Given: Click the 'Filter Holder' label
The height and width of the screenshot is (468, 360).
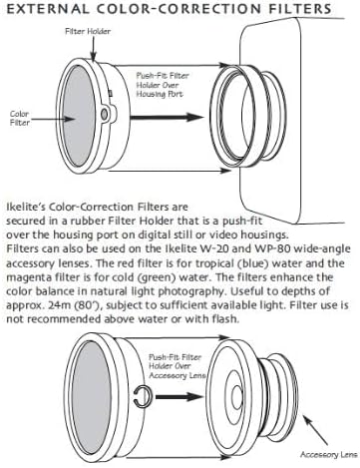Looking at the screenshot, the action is (x=88, y=31).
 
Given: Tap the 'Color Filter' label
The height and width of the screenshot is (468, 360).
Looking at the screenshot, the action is (x=19, y=118).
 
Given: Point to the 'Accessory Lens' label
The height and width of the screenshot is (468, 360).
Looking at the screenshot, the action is (x=328, y=454).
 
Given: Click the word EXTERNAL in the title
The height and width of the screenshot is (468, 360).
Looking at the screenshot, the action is (x=48, y=9).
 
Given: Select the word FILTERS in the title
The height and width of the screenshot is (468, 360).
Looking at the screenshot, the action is (x=300, y=9).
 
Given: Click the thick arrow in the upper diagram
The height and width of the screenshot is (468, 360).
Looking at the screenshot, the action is (x=167, y=117).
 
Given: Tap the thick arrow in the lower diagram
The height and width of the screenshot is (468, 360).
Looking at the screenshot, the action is (x=180, y=396).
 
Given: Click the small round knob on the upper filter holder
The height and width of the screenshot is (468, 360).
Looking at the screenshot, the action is (x=104, y=114).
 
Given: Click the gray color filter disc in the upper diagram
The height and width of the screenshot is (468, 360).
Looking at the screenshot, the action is (x=78, y=116).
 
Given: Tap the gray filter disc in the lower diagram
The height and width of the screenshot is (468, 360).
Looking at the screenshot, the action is (x=91, y=397).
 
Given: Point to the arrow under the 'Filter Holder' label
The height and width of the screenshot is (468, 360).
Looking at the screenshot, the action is (x=94, y=49).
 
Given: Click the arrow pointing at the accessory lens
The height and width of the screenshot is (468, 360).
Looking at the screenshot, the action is (x=315, y=430).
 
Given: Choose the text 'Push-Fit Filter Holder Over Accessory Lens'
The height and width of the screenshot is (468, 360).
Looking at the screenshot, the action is (x=177, y=366).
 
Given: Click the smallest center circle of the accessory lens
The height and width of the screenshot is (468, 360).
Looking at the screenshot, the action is (x=236, y=397).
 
